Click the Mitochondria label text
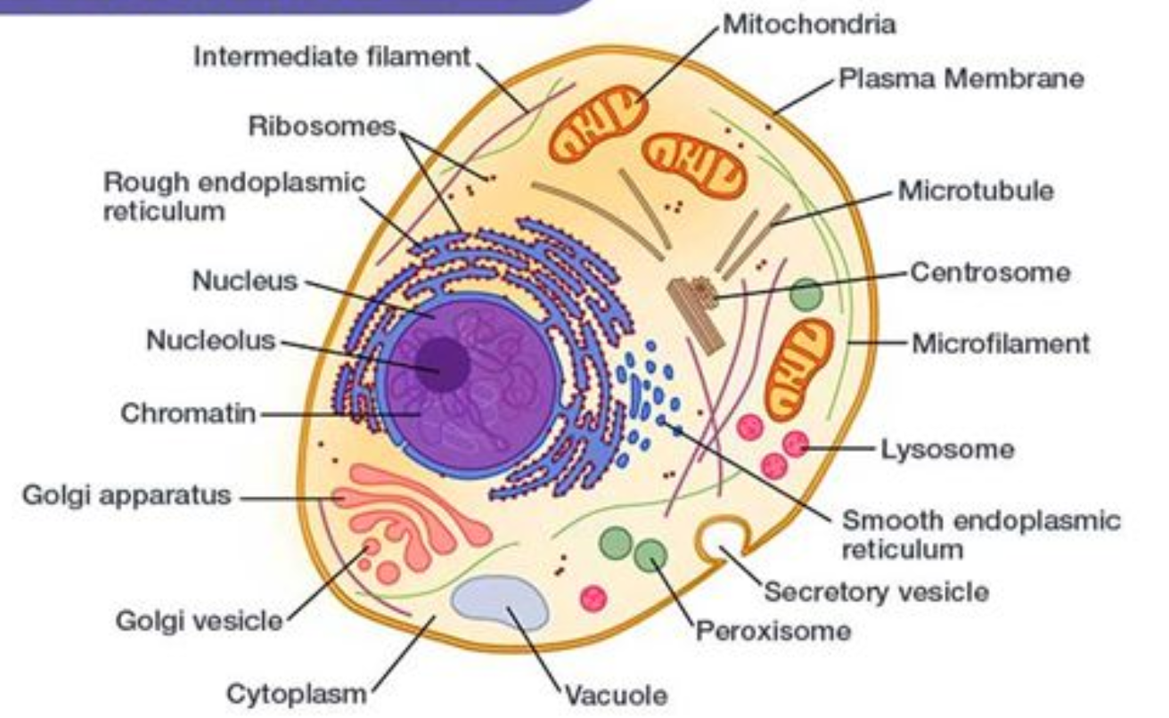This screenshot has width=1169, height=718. click(x=808, y=24)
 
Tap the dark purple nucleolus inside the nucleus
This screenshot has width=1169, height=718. click(x=443, y=363)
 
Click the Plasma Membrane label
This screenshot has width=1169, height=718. click(x=961, y=79)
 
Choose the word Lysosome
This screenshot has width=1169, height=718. click(x=947, y=449)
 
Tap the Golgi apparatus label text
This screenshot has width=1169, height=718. click(x=126, y=495)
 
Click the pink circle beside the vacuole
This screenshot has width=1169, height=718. click(x=593, y=597)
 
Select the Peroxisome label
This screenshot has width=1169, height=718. click(x=773, y=632)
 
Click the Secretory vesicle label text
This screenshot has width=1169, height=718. click(x=876, y=591)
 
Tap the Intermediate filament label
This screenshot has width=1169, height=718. click(x=331, y=56)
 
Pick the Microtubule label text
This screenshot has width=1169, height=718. click(x=976, y=191)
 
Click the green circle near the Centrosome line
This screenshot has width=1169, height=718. click(x=806, y=294)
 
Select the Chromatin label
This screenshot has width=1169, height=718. click(x=188, y=413)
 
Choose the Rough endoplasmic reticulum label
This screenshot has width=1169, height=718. click(x=234, y=196)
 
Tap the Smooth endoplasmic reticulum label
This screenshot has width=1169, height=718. click(x=980, y=534)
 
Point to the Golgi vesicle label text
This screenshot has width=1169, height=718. click(x=199, y=620)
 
